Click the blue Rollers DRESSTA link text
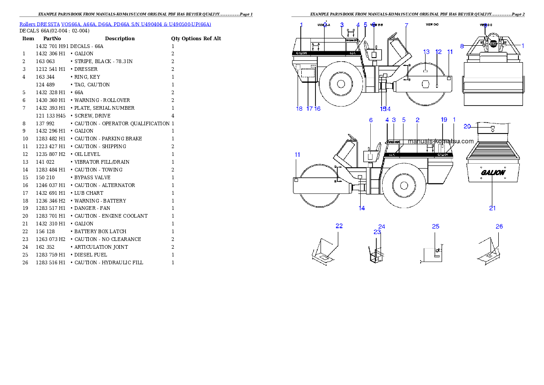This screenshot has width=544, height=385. [x=115, y=24]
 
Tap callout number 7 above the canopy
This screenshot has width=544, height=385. [x=406, y=25]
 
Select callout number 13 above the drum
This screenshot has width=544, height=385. [x=426, y=52]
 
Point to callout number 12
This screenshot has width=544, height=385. [x=438, y=52]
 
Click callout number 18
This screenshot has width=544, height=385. [x=299, y=109]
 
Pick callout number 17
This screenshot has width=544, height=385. [x=309, y=109]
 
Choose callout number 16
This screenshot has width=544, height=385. [x=317, y=109]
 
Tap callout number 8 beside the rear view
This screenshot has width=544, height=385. [x=462, y=46]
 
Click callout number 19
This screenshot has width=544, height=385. [x=443, y=120]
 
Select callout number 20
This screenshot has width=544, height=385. [x=467, y=126]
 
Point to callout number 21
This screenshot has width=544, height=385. [x=492, y=209]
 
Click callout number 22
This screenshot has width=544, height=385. [x=339, y=226]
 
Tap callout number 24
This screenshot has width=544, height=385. [x=382, y=226]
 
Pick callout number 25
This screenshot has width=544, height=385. [x=436, y=226]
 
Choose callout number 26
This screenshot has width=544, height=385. [x=499, y=226]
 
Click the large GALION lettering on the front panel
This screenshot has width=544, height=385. [x=493, y=173]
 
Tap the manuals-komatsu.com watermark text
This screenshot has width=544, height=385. [x=441, y=141]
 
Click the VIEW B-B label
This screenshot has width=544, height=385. [x=376, y=25]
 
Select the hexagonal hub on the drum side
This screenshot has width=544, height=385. [x=425, y=85]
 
